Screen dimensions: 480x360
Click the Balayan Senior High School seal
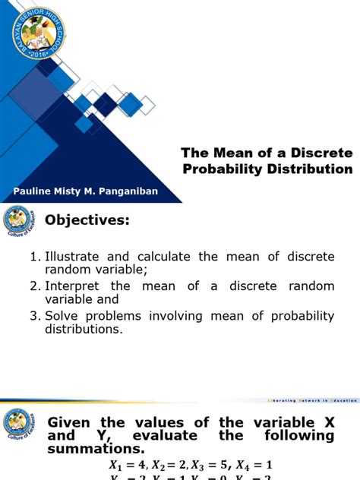(x=51, y=34)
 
